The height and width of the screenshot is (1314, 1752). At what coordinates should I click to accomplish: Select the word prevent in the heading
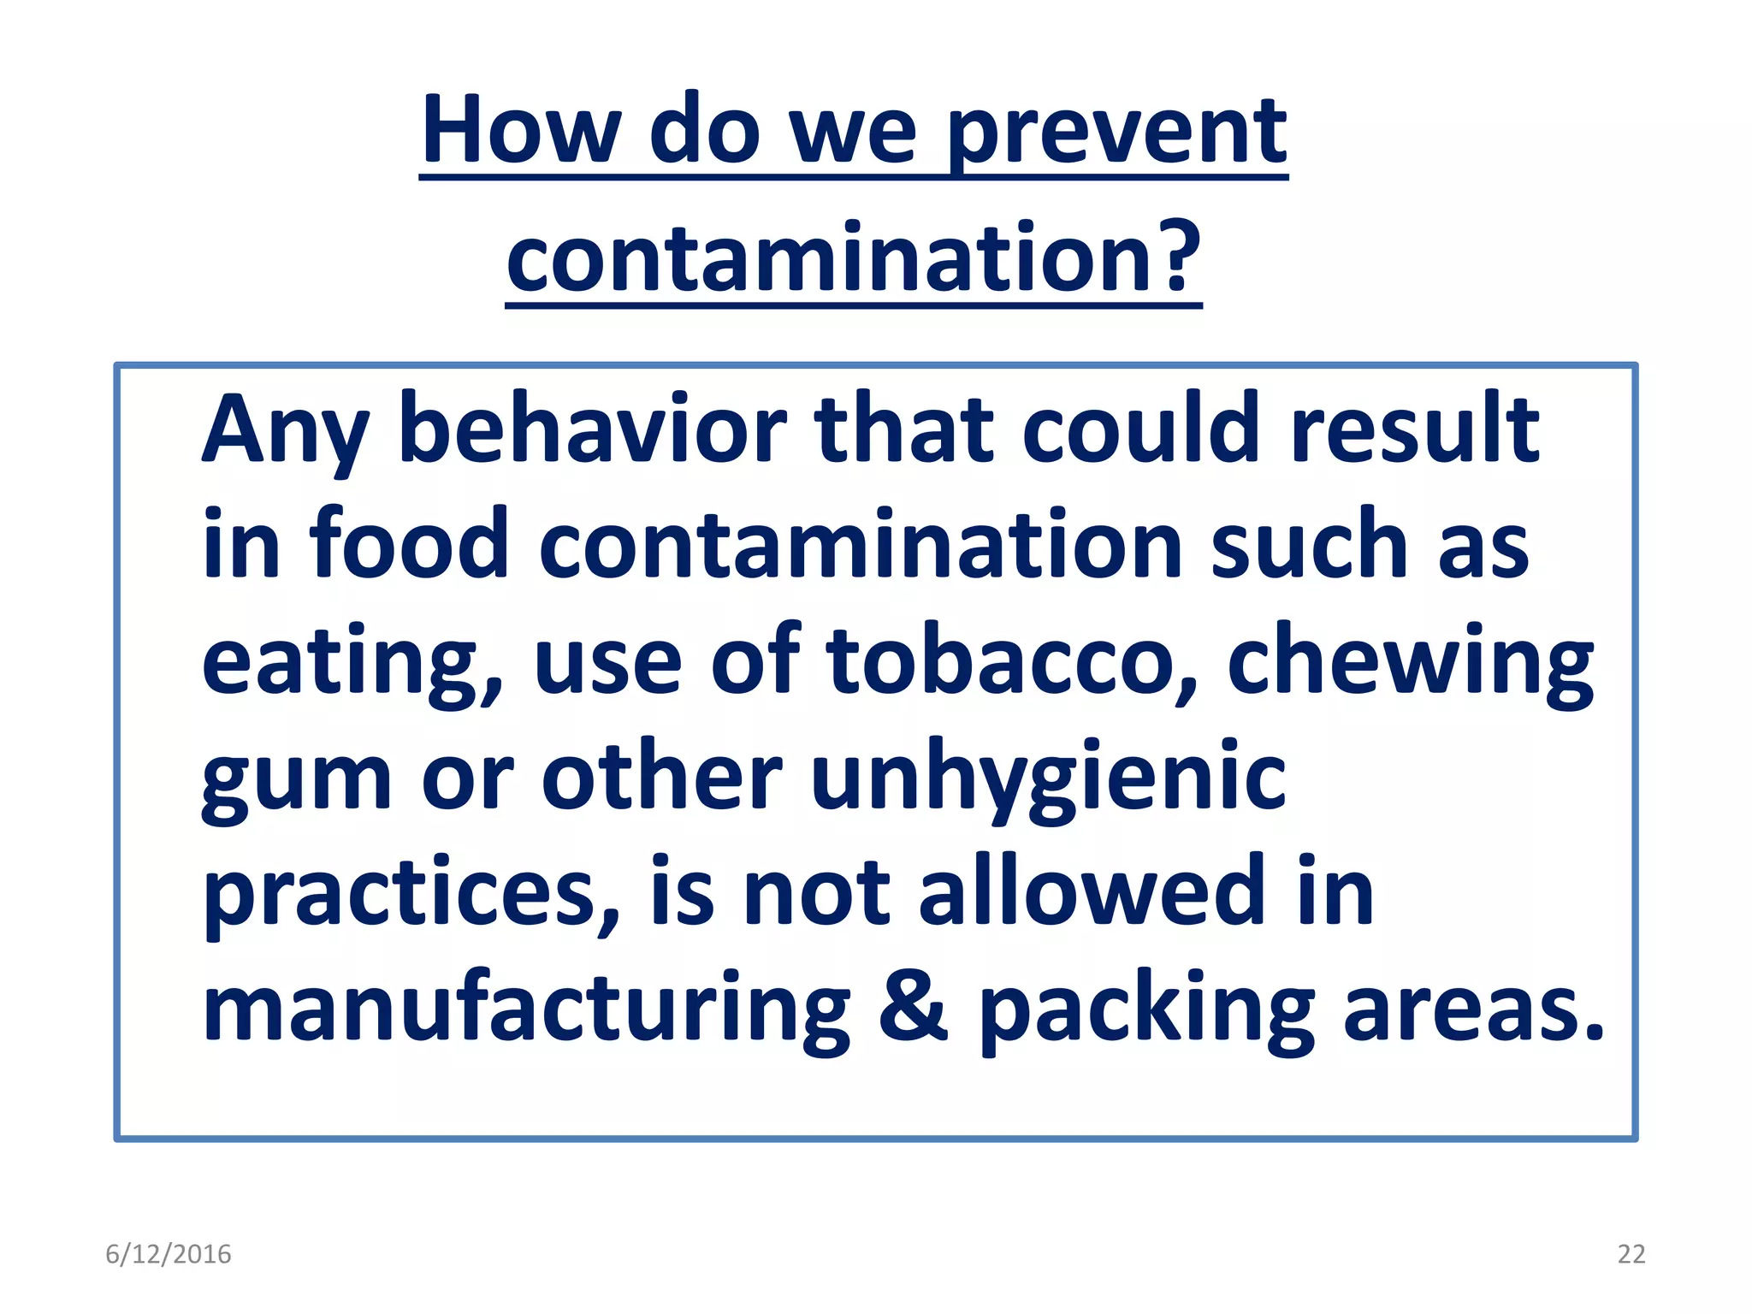coord(1116,137)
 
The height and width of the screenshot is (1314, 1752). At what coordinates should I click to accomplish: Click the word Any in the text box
coord(286,431)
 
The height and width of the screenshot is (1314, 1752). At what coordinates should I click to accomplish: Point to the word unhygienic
coord(1047,778)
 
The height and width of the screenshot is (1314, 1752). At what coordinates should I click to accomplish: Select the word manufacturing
coord(525,1009)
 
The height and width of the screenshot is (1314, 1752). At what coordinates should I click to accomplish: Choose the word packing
coord(1146,1009)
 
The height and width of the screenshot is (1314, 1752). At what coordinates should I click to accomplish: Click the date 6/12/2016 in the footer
coord(169,1254)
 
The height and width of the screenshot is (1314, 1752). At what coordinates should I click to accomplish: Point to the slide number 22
coord(1631,1254)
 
